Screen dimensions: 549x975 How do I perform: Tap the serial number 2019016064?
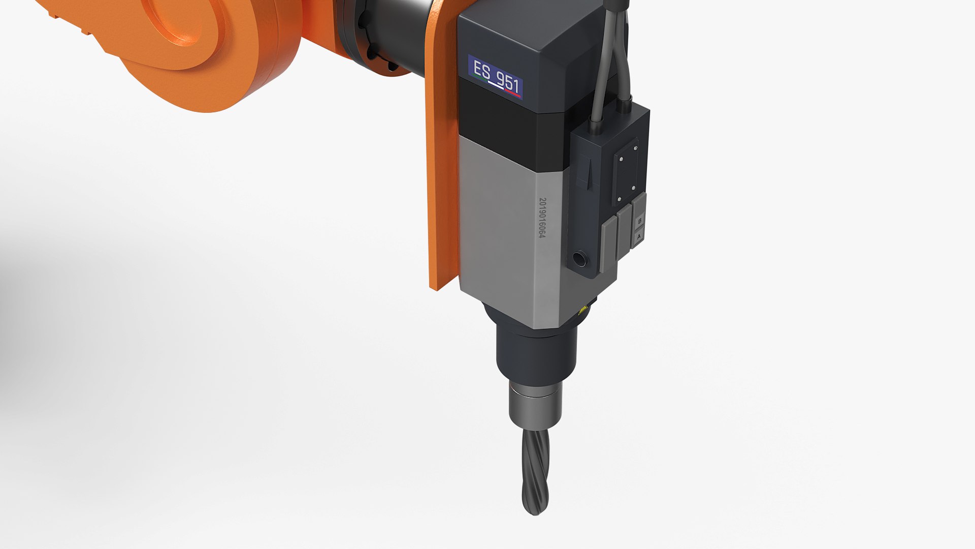point(542,219)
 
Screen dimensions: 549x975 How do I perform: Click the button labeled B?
point(639,221)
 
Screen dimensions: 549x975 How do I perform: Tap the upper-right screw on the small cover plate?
point(635,148)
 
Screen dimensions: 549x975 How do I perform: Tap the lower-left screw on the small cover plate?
point(620,199)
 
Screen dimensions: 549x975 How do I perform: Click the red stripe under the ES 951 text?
point(513,94)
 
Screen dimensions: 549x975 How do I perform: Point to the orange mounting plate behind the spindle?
point(442,178)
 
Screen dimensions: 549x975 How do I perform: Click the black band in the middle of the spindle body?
point(508,127)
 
